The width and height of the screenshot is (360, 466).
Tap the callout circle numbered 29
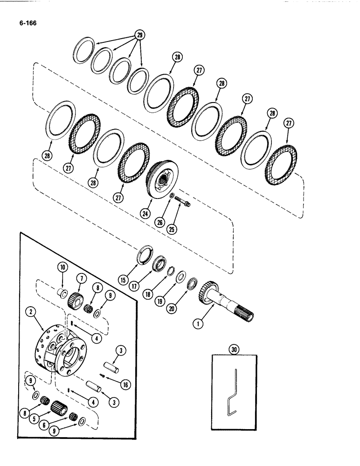[x=138, y=34]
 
